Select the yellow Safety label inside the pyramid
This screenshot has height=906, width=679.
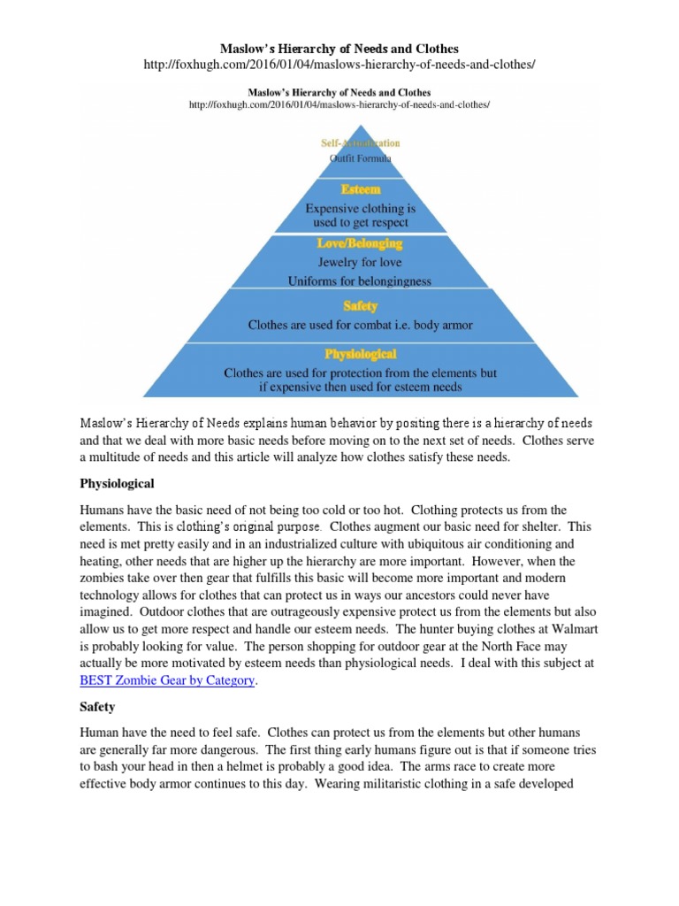click(360, 306)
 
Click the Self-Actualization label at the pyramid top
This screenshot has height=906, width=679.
click(360, 142)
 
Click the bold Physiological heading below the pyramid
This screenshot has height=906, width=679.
click(117, 484)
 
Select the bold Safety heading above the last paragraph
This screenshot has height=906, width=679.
click(99, 708)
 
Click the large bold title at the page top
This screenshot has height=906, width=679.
click(339, 47)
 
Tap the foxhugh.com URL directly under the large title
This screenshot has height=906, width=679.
click(339, 65)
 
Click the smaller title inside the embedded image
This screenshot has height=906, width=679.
click(339, 91)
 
